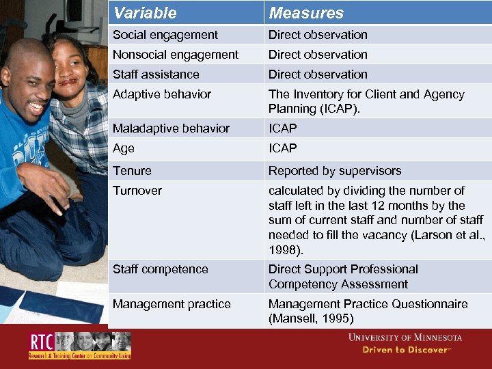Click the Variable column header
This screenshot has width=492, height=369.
point(145,13)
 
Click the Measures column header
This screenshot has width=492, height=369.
point(306,13)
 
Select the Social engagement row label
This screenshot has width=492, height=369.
point(165,35)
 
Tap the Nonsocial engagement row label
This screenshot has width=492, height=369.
point(176,55)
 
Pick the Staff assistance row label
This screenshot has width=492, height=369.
point(156,74)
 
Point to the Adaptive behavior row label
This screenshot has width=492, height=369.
point(162,94)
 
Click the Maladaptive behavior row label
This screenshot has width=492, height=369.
point(171,128)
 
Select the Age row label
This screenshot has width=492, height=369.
point(124,148)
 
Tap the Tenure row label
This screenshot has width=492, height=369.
point(132,171)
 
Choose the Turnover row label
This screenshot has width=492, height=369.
point(137,191)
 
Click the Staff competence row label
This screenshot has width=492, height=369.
point(161,269)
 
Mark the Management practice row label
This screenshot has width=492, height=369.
point(172,304)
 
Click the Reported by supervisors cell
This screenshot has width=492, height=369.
point(335,171)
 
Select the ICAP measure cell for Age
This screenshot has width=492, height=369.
point(283,148)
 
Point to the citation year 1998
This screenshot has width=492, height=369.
point(284,250)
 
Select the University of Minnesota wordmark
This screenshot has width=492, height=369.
point(405,338)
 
